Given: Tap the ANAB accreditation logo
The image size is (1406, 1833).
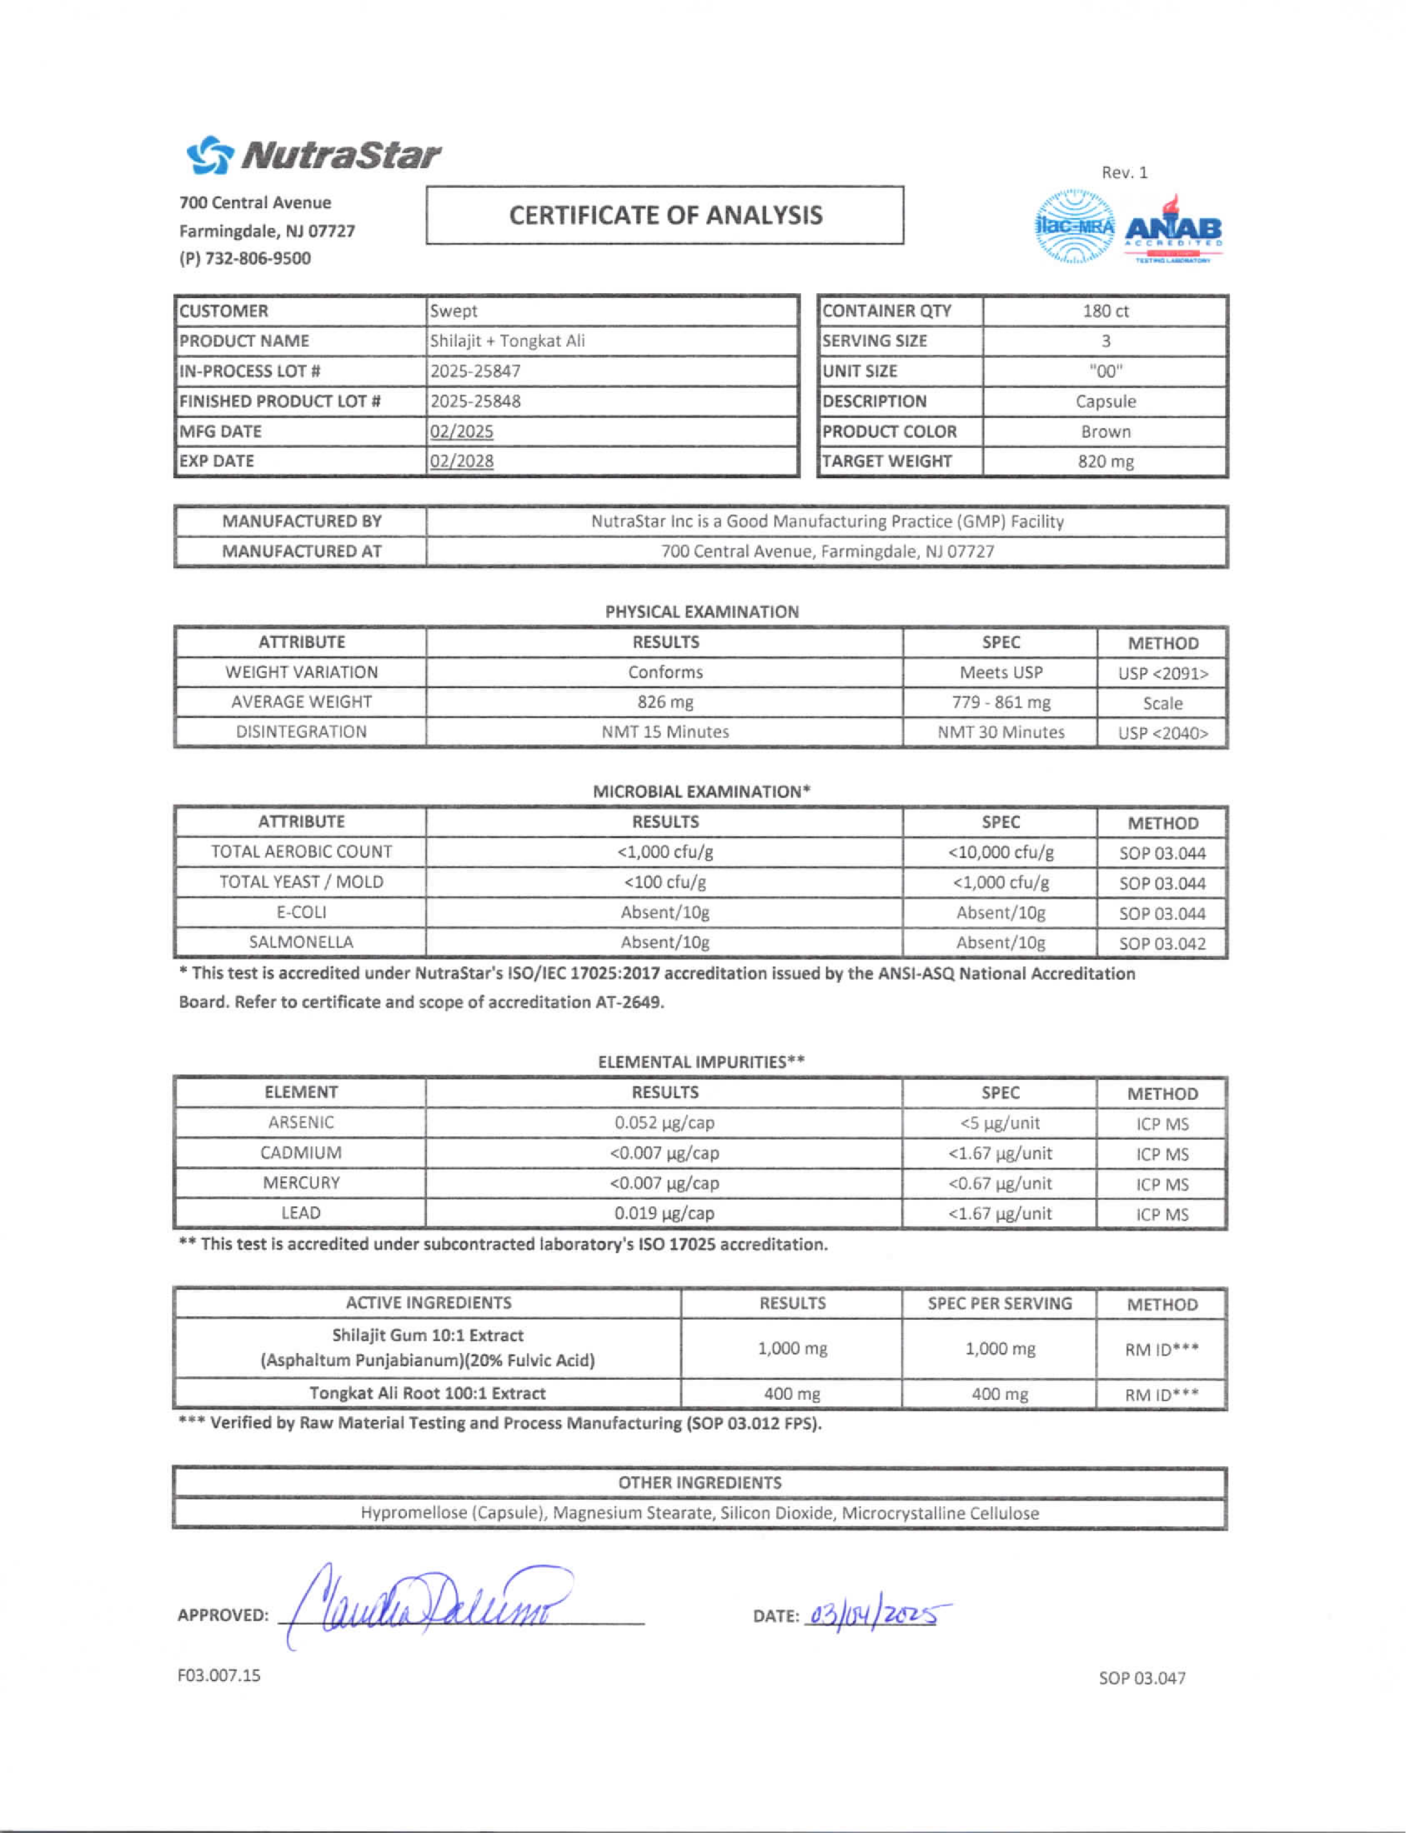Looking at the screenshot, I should coord(1173,229).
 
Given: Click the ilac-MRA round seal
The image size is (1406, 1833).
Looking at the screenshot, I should coord(1075,227).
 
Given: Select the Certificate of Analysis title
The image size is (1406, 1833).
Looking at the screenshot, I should coord(665,216).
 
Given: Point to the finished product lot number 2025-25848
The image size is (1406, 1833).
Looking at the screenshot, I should coord(475,402).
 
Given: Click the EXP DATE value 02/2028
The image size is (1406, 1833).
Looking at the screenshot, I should coord(462,461).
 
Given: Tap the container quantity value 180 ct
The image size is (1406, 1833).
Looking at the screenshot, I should coord(1105,311).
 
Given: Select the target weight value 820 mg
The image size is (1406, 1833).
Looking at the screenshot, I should coord(1105,461).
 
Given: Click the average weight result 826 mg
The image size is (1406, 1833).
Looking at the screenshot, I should coord(665,702).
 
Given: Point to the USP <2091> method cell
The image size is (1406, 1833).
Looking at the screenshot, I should coord(1163,673).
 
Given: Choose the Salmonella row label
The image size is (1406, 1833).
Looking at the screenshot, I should coord(301,942).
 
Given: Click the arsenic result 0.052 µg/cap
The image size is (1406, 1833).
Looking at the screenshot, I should coord(665,1123).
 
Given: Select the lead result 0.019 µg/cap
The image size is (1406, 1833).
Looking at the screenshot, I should coord(665,1213).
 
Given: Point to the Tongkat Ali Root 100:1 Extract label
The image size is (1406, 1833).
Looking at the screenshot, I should coord(428,1393).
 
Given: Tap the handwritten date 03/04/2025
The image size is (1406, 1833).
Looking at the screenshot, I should coord(875,1614).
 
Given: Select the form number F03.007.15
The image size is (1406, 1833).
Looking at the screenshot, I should coord(220,1676).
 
